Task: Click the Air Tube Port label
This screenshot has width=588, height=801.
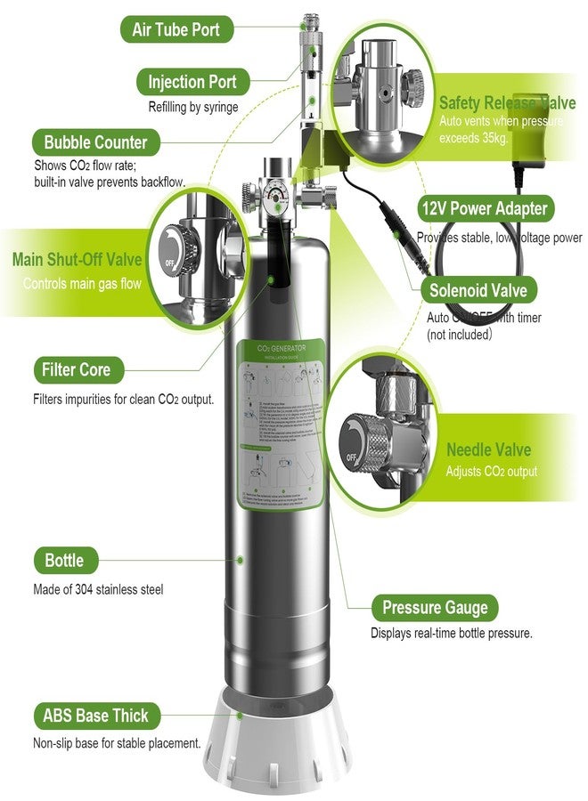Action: pyautogui.click(x=176, y=29)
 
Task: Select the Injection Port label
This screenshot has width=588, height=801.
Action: pyautogui.click(x=192, y=83)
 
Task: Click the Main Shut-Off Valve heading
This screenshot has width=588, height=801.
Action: pyautogui.click(x=78, y=260)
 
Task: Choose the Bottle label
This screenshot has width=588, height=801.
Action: pyautogui.click(x=64, y=561)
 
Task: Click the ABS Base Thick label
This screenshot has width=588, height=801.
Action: pyautogui.click(x=95, y=716)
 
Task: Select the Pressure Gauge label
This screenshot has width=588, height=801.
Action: pyautogui.click(x=435, y=609)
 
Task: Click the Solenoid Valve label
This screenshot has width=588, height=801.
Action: pyautogui.click(x=478, y=290)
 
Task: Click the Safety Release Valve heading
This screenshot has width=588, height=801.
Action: pyautogui.click(x=507, y=102)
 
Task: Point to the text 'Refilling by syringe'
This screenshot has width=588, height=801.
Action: pyautogui.click(x=193, y=108)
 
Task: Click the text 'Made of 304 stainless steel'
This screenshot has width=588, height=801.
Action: pyautogui.click(x=98, y=589)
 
